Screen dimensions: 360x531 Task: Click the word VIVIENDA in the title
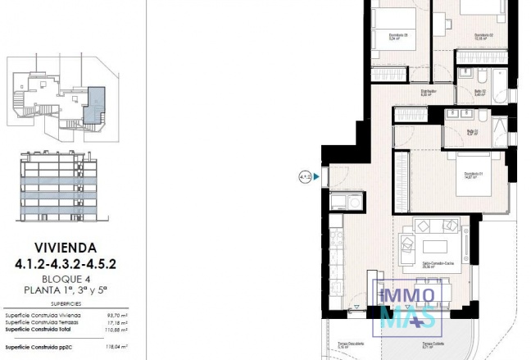66,246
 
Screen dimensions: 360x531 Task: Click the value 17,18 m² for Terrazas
113,322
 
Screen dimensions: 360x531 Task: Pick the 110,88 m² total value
112,330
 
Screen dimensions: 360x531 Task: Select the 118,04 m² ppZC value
112,346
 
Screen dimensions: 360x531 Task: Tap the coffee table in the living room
434,246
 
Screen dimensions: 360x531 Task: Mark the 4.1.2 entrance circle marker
305,175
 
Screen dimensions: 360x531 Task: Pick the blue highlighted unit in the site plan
97,103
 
